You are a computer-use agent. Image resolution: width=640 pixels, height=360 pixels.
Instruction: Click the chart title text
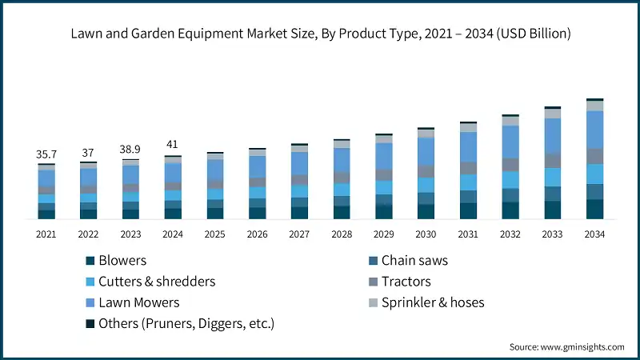click(x=320, y=34)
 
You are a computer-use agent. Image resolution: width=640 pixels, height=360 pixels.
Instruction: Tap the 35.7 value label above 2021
click(x=46, y=154)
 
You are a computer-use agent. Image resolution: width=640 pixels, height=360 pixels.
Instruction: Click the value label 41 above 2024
click(x=173, y=145)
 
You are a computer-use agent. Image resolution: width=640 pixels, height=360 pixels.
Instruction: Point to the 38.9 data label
click(x=130, y=150)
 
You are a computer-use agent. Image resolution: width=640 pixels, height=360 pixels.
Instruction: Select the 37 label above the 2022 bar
click(x=88, y=152)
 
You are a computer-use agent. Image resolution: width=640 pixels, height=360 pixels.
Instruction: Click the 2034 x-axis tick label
click(x=594, y=234)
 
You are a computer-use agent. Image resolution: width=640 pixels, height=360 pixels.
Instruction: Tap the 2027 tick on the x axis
click(x=299, y=234)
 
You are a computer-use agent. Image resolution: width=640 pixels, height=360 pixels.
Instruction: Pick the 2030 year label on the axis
click(x=426, y=234)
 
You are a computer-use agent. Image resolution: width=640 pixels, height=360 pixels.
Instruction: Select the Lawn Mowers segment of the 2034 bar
click(x=594, y=129)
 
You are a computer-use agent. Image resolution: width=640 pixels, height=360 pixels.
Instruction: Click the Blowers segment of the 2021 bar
click(x=46, y=214)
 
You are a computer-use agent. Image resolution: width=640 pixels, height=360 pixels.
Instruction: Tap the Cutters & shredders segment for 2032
click(x=510, y=180)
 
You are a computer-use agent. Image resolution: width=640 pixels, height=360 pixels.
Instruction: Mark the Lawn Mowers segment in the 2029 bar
click(x=384, y=156)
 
